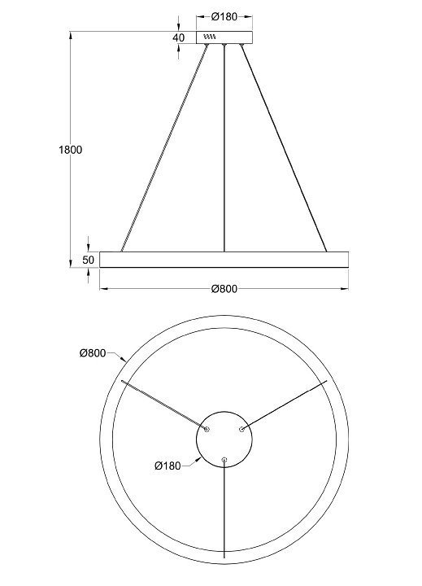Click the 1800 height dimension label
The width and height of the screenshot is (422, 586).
point(70,150)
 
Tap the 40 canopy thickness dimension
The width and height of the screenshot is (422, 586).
point(179,37)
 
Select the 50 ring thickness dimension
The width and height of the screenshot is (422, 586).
point(89,260)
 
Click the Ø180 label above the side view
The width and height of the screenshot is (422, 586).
point(224,16)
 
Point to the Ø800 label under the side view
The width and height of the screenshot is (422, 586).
point(224,289)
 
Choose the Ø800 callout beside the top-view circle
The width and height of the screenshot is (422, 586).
point(93,352)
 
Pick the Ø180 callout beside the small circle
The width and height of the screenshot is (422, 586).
point(167,466)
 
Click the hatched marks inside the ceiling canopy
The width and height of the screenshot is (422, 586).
point(210,37)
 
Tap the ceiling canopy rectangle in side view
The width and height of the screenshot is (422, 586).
point(224,37)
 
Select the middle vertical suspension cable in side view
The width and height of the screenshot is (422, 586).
point(224,148)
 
